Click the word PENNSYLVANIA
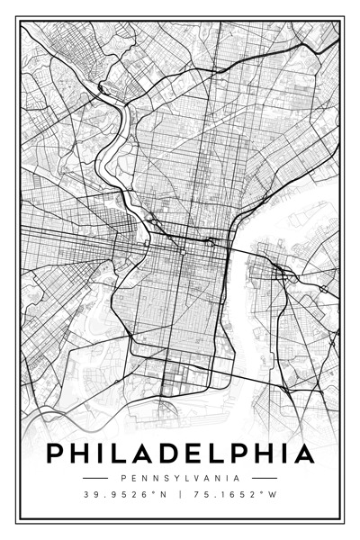click(x=180, y=478)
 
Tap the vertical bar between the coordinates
click(x=180, y=495)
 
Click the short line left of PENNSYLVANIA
click(x=94, y=478)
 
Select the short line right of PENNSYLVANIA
click(x=265, y=478)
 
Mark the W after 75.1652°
click(x=273, y=495)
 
